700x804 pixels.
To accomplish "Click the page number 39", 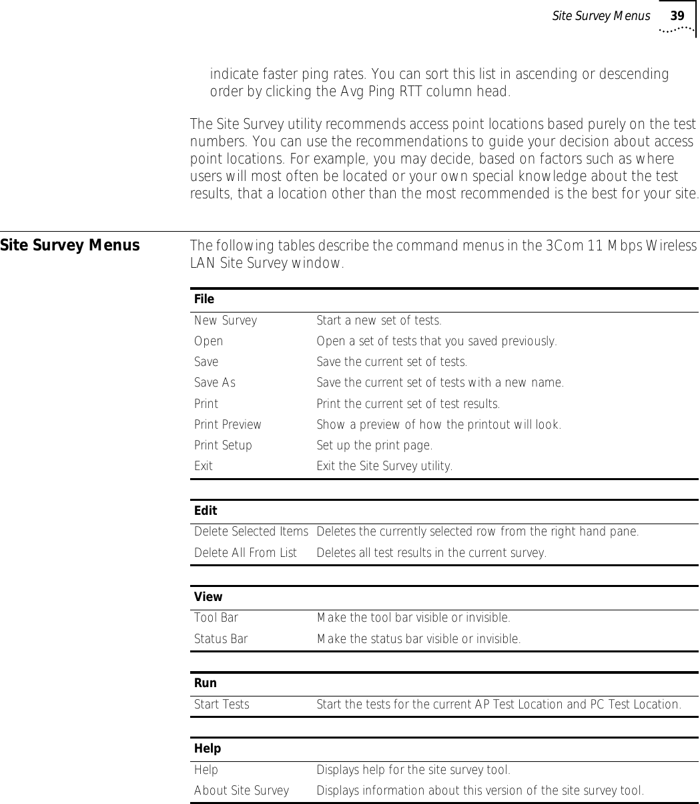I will [677, 16].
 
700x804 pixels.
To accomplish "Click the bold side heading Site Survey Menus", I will [70, 246].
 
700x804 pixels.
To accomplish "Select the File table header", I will [204, 299].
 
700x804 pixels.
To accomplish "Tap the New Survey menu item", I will [226, 321].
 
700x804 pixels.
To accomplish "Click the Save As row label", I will [215, 383].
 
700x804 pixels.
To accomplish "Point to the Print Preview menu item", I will [228, 425].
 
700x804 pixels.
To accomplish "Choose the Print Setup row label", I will [223, 445].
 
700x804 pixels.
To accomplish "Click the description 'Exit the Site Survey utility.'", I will [384, 466].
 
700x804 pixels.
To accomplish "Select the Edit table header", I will [206, 511].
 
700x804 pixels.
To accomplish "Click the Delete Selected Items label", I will [251, 532].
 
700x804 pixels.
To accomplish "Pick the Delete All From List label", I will [246, 553].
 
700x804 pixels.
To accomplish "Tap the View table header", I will [208, 597].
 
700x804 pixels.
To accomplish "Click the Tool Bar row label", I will [216, 618].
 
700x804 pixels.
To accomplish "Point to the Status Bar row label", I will [221, 639].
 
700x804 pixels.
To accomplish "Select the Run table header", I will [206, 683].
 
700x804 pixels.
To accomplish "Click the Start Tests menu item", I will [222, 705].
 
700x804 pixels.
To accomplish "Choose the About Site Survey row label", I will [242, 791].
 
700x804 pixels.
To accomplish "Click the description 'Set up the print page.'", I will [374, 445].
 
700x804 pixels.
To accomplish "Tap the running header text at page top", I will [601, 16].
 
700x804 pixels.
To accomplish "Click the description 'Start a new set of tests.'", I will [379, 321].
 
